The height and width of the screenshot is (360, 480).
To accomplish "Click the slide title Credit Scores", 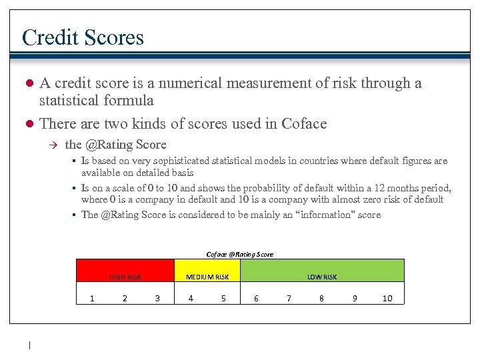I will click(x=83, y=37).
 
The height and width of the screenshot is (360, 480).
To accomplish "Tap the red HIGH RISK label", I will click(x=125, y=277).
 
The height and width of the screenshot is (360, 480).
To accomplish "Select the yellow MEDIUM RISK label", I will click(x=207, y=277).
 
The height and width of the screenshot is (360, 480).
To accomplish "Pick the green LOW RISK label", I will click(x=322, y=277).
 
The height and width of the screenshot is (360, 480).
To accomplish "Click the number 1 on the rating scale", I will click(x=92, y=299).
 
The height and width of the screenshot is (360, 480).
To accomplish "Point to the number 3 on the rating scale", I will click(x=157, y=299).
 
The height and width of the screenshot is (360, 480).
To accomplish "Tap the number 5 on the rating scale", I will click(x=223, y=299).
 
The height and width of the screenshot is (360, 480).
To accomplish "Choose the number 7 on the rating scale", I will click(x=289, y=299).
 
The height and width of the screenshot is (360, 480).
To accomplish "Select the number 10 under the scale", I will click(x=387, y=299).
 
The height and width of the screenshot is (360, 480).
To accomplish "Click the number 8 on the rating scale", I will click(x=321, y=299).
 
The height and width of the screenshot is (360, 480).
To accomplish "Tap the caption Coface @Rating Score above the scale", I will click(x=240, y=254).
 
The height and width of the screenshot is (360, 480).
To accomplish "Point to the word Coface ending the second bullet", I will click(x=305, y=123).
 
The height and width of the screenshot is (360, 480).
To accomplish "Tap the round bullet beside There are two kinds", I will click(x=29, y=124).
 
